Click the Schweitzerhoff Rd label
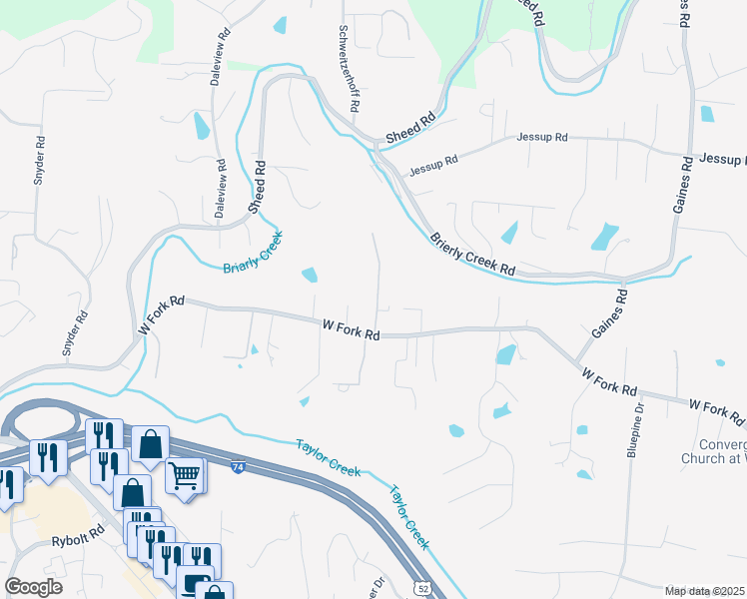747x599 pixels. (x=349, y=68)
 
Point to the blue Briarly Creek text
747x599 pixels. (x=254, y=254)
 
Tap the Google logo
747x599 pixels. (x=33, y=587)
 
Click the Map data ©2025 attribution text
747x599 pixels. (x=704, y=591)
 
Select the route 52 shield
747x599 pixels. (x=423, y=590)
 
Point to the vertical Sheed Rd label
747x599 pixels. (x=257, y=187)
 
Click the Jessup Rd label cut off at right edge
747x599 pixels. (x=722, y=159)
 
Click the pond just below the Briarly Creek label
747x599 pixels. (x=311, y=275)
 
